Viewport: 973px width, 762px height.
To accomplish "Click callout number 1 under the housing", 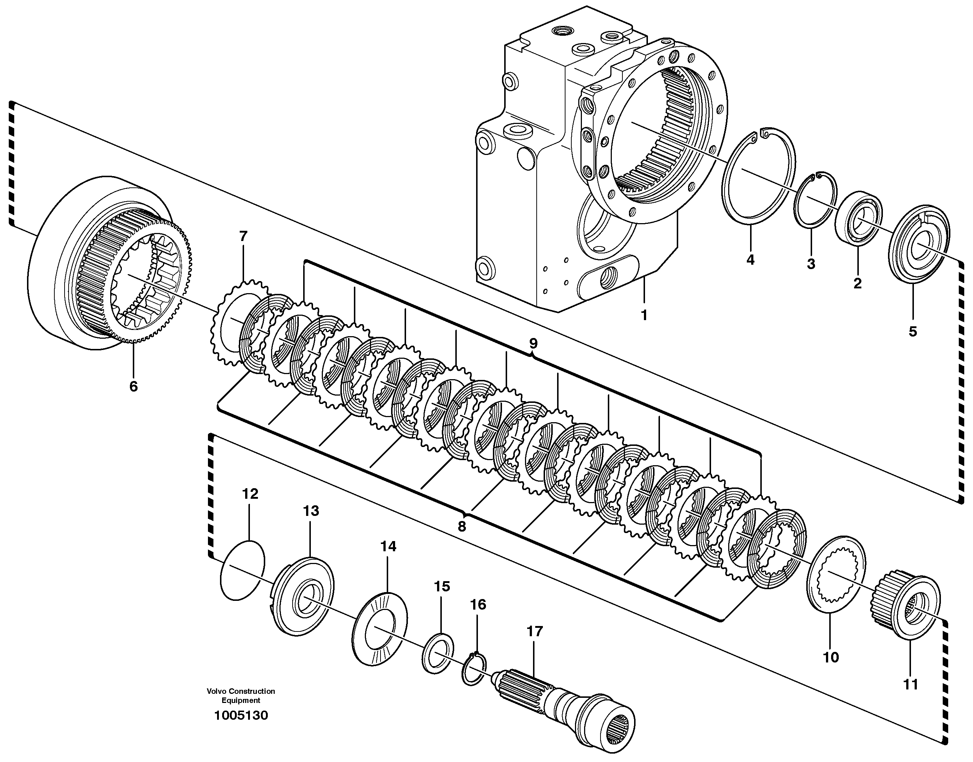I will click(644, 315).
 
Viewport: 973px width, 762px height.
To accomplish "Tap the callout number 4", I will click(750, 260).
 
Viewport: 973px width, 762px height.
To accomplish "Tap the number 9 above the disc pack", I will click(533, 343).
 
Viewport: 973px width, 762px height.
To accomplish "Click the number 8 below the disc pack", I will click(462, 526).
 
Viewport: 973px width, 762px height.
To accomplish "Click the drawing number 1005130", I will click(241, 716).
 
